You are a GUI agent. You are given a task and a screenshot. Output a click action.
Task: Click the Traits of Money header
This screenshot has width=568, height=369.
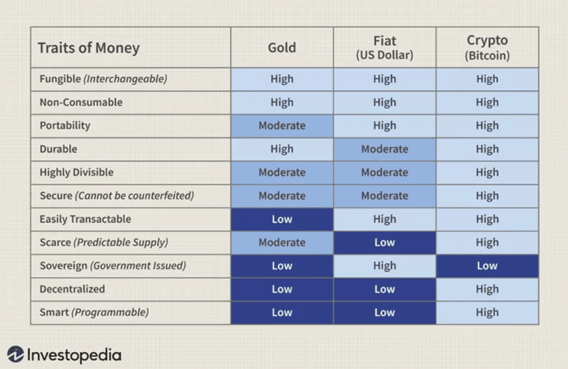pos(89,48)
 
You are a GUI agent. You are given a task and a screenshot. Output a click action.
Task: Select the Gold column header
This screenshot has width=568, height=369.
pos(282,48)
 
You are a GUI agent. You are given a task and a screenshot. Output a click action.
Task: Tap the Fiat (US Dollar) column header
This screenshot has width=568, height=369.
pos(384,48)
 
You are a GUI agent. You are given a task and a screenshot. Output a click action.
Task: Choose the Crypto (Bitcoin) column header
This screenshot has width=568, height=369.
pos(487,48)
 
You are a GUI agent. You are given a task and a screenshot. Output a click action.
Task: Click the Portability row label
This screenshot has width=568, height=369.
pos(65,126)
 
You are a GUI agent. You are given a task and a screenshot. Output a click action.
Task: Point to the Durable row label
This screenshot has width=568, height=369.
pos(58,149)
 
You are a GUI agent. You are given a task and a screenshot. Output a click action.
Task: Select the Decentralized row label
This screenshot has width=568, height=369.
pos(72,289)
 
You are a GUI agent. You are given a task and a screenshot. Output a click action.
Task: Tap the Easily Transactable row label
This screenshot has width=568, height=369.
pos(85,219)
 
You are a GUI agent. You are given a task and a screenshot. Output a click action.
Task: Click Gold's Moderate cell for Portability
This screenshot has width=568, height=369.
pos(282,126)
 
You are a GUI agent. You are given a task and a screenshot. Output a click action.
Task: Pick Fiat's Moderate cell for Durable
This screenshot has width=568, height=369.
pos(384,149)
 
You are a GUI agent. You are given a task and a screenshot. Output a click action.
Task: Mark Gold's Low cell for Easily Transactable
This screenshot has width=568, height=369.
pos(282,219)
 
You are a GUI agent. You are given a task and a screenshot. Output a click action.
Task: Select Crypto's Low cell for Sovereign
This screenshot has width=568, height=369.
pos(487,266)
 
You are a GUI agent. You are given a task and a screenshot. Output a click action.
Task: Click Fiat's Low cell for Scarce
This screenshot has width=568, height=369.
pos(384,243)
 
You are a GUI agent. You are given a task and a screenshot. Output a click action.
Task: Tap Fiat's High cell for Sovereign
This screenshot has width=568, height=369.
pos(384,266)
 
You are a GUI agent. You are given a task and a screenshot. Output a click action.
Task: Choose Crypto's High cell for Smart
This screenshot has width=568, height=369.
pos(487,313)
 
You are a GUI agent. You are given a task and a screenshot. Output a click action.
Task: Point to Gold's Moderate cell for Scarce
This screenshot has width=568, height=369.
pos(282,243)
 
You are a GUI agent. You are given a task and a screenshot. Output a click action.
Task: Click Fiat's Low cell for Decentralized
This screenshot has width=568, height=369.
pos(384,289)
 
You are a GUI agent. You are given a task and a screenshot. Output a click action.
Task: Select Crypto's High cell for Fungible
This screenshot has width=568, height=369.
pos(487,79)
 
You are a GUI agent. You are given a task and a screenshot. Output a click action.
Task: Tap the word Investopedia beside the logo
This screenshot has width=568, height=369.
pos(74,355)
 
